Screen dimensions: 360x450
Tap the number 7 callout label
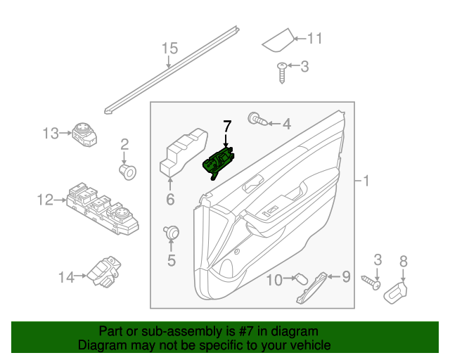tap(226, 127)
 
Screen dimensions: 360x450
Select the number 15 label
tap(170, 49)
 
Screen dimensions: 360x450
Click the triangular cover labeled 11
tap(278, 41)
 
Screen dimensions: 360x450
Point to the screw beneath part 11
tap(283, 71)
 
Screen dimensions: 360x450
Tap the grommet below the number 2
tap(127, 170)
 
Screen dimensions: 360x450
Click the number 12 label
tap(44, 200)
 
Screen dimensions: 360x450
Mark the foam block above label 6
tap(181, 150)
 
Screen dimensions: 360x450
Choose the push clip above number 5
tap(170, 232)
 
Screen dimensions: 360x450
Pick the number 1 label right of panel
tap(365, 181)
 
